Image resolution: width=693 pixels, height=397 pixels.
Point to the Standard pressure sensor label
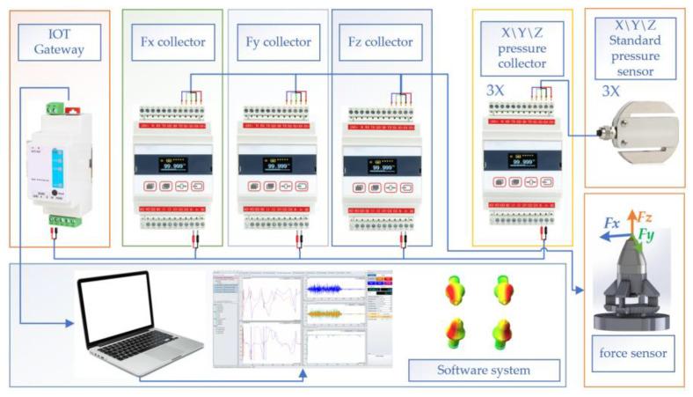636,48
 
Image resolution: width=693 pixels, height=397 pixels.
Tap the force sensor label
633,354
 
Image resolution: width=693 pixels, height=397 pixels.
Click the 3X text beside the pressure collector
496,90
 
